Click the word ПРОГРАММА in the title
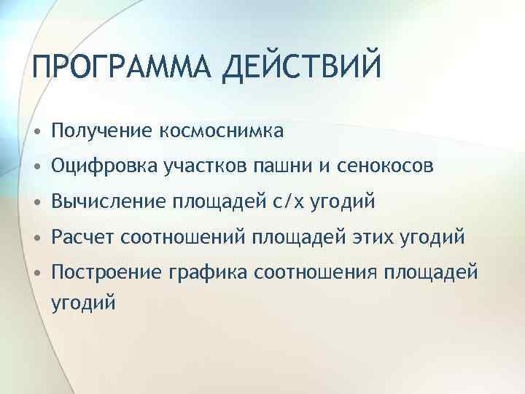click(112, 68)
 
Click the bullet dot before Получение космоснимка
click(36, 132)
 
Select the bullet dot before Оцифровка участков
click(36, 168)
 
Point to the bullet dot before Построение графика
click(36, 273)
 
